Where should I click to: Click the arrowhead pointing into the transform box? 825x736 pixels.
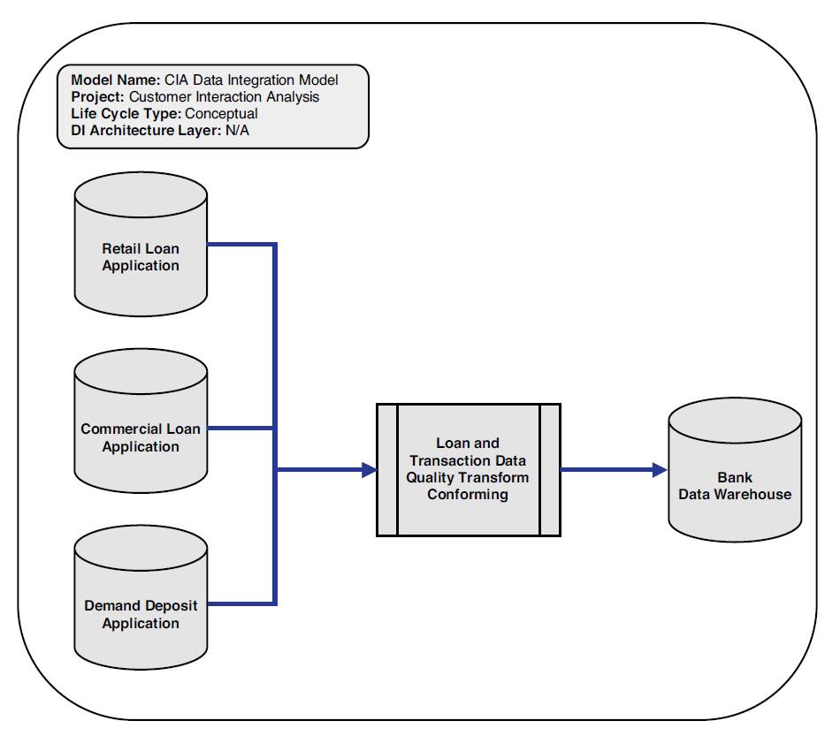coord(369,470)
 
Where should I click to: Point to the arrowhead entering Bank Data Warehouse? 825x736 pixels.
coord(659,470)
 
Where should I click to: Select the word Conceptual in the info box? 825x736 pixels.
coord(221,114)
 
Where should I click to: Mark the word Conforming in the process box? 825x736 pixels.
coord(468,495)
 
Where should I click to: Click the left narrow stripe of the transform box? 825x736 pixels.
coord(387,470)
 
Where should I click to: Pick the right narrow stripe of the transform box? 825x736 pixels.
coord(550,470)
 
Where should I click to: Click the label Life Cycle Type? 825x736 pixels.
coord(126,114)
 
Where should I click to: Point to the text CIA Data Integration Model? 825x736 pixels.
coord(251,80)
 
